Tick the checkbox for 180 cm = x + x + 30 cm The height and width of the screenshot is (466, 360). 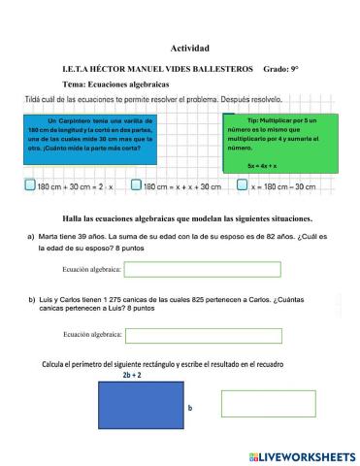137,185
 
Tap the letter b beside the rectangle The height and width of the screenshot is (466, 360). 189,409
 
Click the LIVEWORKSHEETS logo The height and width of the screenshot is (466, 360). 302,454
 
